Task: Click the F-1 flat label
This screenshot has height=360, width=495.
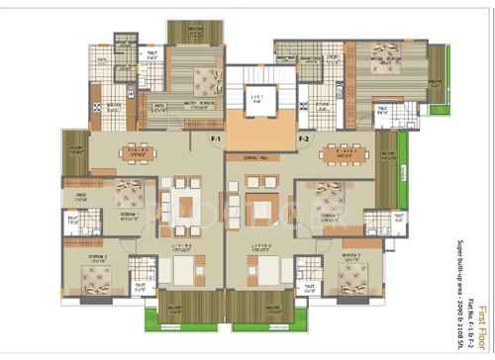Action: [x=215, y=140]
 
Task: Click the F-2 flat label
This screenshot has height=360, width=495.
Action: [x=304, y=140]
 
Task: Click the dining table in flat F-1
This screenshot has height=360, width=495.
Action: [x=139, y=152]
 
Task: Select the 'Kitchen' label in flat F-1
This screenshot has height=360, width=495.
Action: [x=115, y=107]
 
